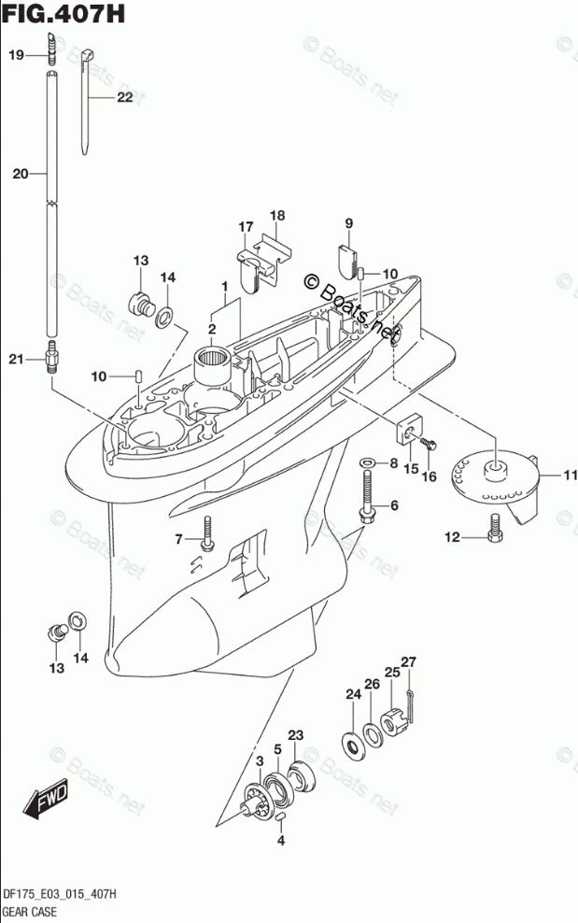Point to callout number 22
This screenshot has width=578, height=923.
tap(124, 98)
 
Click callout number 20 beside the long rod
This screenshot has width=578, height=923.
tap(21, 173)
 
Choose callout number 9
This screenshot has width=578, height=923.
tap(348, 223)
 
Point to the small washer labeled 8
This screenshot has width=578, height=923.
tap(367, 462)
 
